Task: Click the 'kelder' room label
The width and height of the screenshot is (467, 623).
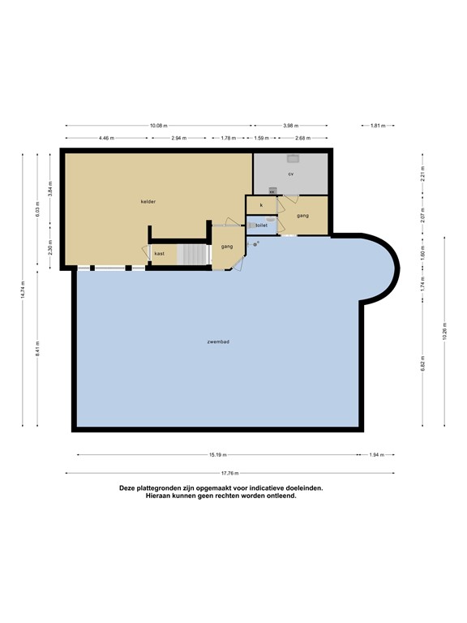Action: pos(148,201)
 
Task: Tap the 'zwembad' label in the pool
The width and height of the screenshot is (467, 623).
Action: pos(218,342)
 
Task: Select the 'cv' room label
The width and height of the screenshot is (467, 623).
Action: pos(290,174)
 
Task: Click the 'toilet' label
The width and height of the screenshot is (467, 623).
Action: pos(261,226)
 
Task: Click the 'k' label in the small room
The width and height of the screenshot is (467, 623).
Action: pos(261,206)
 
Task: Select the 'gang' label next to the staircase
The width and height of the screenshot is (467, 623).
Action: pos(228,246)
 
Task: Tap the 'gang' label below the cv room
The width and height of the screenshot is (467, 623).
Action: pos(302,215)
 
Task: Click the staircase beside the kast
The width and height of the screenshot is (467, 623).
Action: pos(193,254)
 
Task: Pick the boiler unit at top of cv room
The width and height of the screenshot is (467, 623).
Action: pos(293,158)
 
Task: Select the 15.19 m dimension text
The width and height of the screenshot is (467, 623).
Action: pos(218,455)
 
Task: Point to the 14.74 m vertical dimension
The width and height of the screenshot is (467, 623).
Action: pos(24,290)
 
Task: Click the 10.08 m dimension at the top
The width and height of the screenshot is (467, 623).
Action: pos(158,126)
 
